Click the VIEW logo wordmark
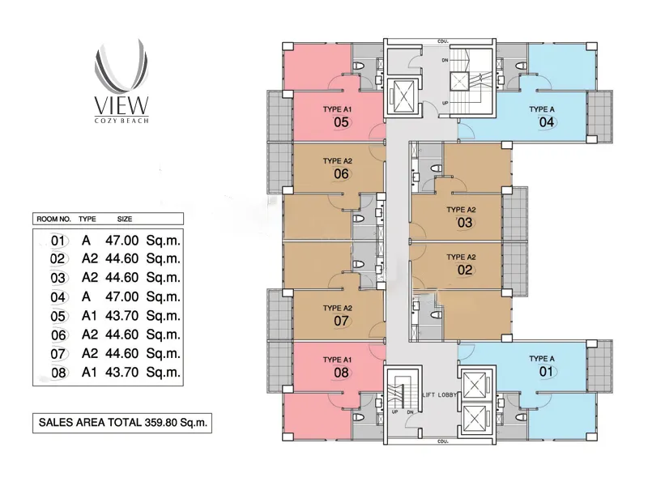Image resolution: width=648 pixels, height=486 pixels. (121, 106)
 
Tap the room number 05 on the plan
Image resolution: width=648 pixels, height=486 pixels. (341, 122)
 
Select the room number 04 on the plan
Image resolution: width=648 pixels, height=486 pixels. (546, 122)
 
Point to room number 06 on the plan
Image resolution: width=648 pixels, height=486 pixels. (341, 174)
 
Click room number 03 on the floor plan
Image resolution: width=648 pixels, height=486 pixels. (464, 223)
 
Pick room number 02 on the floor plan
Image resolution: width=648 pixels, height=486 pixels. (464, 271)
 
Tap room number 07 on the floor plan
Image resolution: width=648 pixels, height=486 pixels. (341, 321)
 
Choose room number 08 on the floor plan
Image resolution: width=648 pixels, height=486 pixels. (341, 373)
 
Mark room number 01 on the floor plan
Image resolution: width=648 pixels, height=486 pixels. (546, 372)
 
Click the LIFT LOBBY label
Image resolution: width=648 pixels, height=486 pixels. (439, 395)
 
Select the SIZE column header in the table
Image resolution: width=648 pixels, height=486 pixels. (125, 219)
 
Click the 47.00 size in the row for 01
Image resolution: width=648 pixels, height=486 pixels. (122, 240)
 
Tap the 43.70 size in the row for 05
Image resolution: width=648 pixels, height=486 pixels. (122, 316)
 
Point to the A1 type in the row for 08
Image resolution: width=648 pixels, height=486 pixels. (90, 373)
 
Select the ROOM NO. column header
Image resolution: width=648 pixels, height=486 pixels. (53, 219)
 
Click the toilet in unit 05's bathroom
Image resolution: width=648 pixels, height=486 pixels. (358, 66)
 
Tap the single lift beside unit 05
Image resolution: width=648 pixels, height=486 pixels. (401, 96)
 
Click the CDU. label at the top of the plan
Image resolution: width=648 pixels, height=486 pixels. (443, 41)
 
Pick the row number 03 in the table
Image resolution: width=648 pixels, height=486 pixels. (58, 278)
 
